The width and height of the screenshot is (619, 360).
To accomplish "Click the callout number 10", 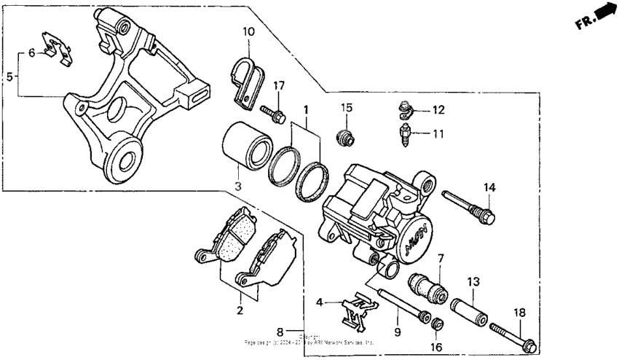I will coord(249,32).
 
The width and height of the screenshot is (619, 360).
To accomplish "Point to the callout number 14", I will coord(490,187).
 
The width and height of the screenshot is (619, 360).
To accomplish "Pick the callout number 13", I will coord(473,281).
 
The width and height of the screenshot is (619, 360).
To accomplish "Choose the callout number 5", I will coord(9,77).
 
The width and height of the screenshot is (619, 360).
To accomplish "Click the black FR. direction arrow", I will coord(602,15).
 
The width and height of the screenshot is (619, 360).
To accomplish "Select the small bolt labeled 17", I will coord(272,111).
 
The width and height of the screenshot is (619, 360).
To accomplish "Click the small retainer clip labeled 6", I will coord(54,46).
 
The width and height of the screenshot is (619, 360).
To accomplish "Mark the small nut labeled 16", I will coord(438,324).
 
